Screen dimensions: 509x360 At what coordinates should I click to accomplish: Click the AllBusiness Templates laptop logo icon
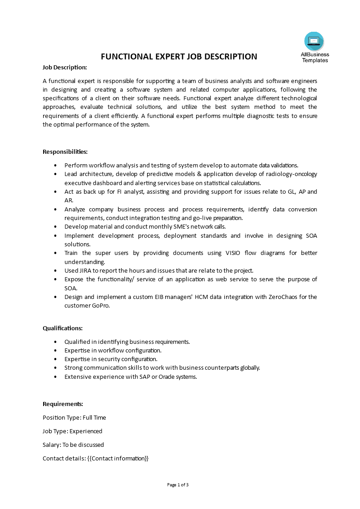tap(314, 41)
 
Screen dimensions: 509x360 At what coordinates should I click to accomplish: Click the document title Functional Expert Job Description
tap(179, 57)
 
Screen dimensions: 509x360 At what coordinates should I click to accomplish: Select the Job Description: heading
tap(65, 67)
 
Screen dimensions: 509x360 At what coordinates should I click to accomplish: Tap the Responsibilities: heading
tap(65, 152)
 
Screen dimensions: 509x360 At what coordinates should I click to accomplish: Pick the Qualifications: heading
tap(63, 328)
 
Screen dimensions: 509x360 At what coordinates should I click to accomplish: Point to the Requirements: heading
tap(63, 404)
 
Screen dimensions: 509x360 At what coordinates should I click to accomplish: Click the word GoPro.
tap(100, 305)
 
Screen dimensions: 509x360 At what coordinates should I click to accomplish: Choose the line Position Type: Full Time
tap(74, 417)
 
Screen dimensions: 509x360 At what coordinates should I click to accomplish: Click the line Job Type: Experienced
tap(73, 431)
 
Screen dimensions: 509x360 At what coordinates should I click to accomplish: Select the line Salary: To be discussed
tap(73, 445)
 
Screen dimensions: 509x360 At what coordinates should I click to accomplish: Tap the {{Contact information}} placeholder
tap(118, 458)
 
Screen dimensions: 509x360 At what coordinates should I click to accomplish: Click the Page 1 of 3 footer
tap(178, 485)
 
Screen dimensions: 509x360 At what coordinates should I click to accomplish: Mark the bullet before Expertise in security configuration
tap(55, 359)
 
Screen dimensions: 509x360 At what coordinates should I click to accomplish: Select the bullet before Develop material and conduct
tap(55, 227)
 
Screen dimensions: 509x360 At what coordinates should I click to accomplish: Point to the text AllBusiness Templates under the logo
tap(315, 58)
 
